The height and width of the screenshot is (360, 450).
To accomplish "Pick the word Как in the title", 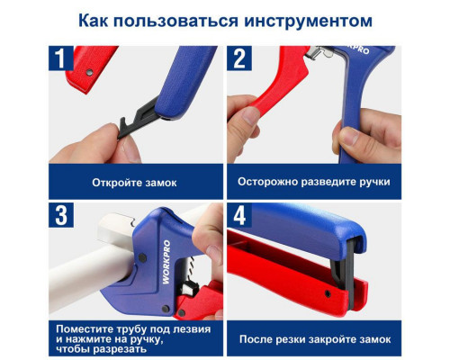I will pos(95,19).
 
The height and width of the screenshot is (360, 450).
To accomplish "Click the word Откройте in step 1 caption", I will pos(115,182).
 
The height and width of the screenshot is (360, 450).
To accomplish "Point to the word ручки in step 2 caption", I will pos(373,182).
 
